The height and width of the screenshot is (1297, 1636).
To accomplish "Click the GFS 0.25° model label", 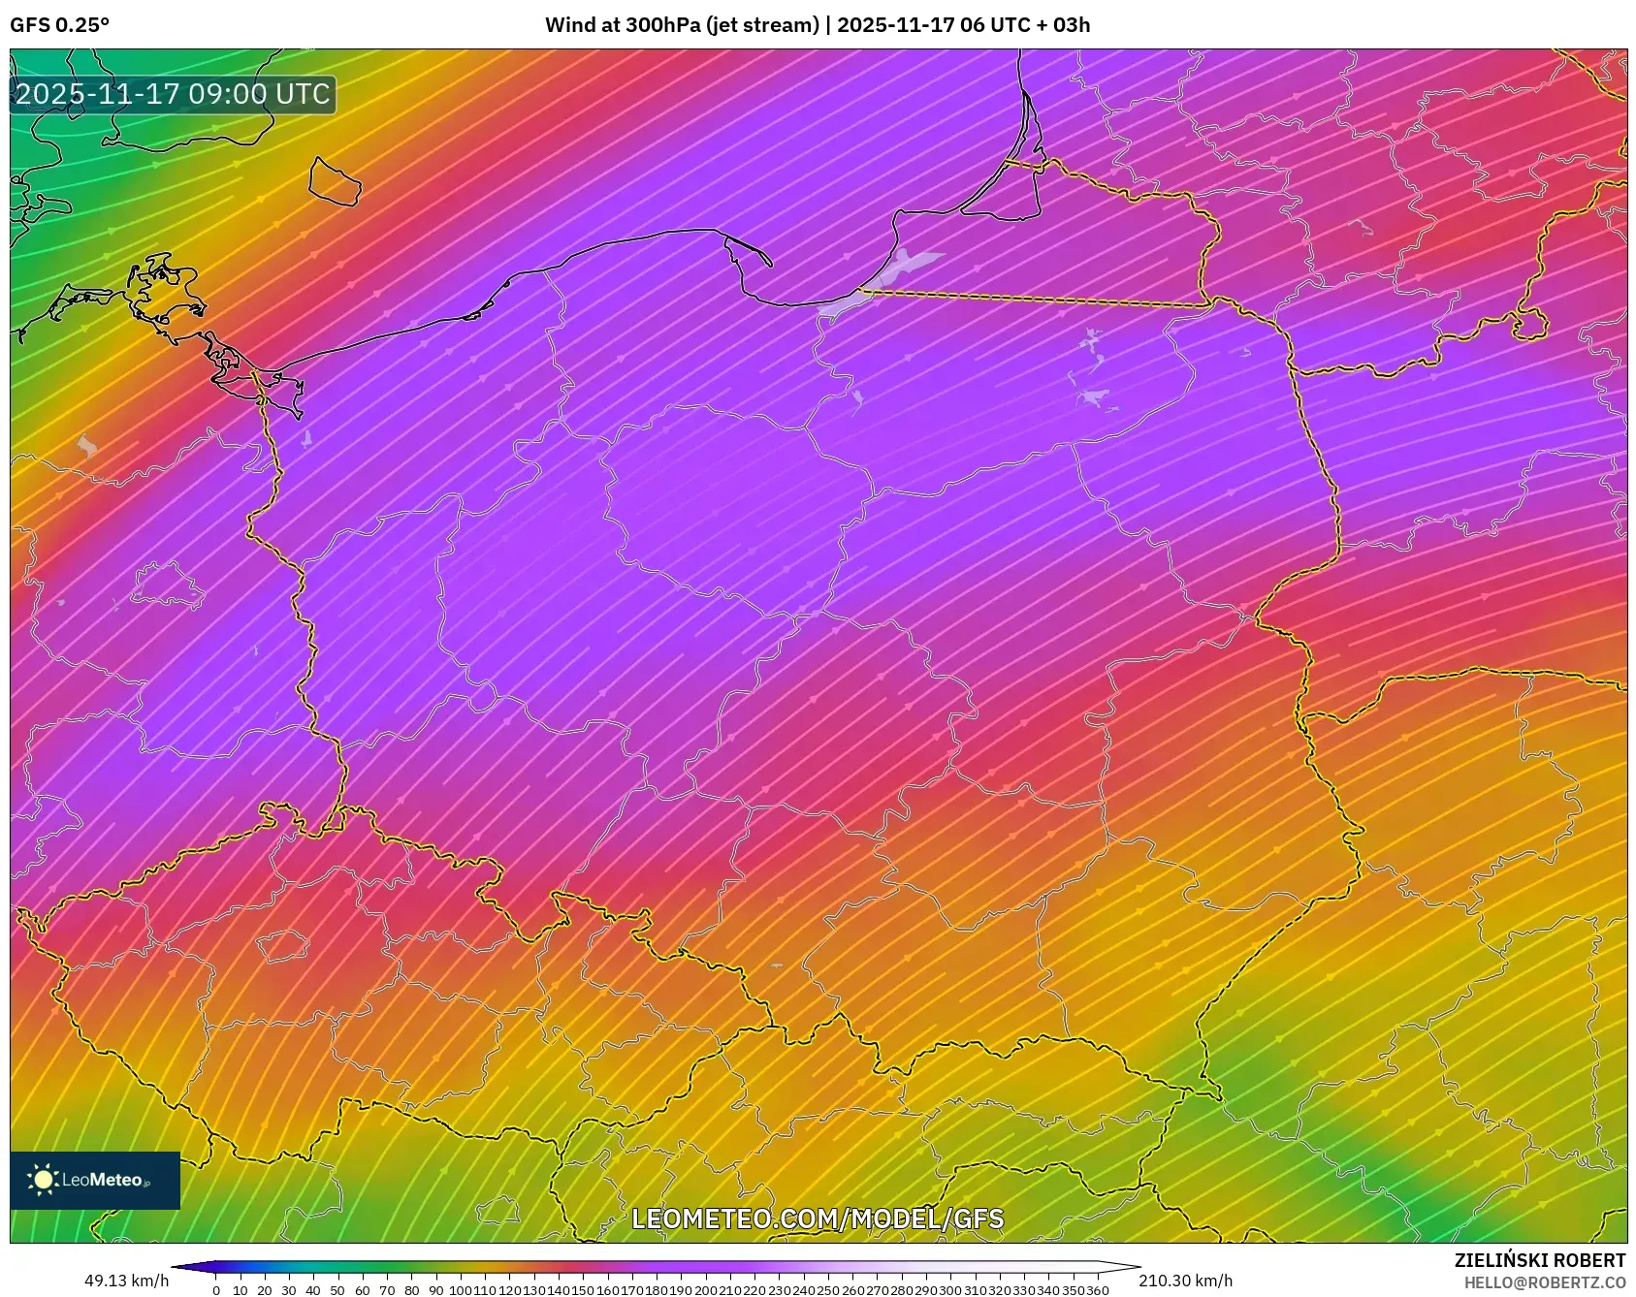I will (x=59, y=25).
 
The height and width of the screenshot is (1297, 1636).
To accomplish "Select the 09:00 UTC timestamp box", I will (x=174, y=94).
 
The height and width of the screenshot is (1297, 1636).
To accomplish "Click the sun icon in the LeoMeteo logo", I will (x=43, y=1180).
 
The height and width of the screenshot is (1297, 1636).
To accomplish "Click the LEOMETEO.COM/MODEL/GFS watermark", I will (x=818, y=1218).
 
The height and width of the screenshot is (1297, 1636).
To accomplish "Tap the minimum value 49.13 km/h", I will (x=126, y=1281).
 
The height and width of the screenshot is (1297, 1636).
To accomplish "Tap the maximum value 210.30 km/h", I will (x=1185, y=1281).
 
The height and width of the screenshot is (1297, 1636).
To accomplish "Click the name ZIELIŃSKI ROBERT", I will (x=1539, y=1260).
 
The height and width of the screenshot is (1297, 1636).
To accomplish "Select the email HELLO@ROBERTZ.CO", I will (x=1544, y=1282).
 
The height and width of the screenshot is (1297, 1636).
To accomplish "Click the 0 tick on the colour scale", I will (x=215, y=1290).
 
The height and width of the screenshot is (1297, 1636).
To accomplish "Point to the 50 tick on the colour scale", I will (x=337, y=1290).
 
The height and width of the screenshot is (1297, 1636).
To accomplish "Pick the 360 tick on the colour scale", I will (x=1097, y=1290).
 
